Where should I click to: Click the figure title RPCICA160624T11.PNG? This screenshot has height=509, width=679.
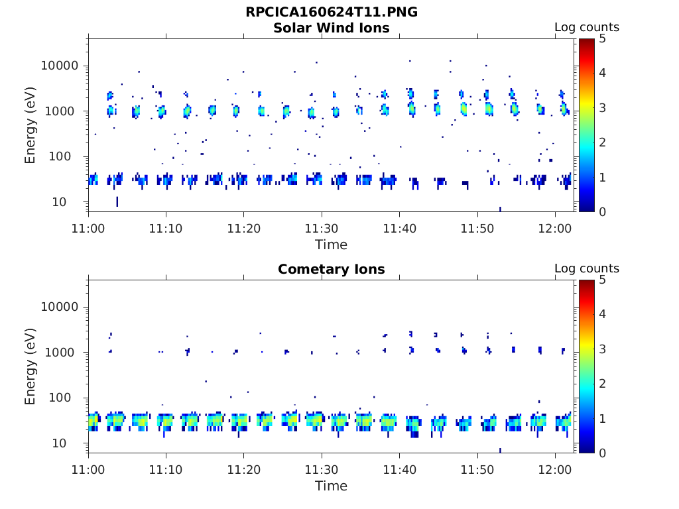pos(331,13)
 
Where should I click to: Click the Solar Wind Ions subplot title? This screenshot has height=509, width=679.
pos(331,28)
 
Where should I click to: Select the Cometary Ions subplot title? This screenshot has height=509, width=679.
pos(331,269)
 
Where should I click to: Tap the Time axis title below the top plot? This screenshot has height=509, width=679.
pos(331,245)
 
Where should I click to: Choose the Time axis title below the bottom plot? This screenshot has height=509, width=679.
pos(331,486)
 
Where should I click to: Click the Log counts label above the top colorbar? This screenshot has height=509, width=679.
pos(586,28)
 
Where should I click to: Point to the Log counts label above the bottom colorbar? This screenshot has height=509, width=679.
pos(586,269)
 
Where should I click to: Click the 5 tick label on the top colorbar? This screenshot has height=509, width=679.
pos(601,38)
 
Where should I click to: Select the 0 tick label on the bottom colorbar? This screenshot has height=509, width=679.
pos(601,453)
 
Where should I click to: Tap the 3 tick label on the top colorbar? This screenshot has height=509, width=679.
pos(601,107)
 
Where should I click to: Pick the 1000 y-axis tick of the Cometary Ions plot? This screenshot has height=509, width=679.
pos(65,352)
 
